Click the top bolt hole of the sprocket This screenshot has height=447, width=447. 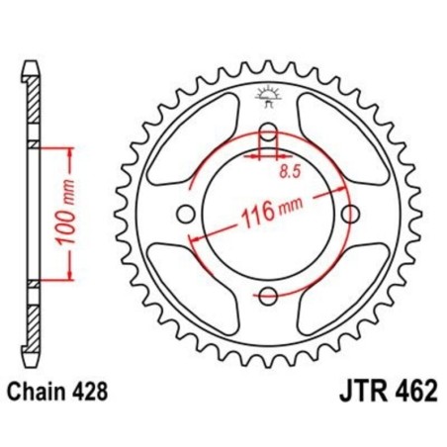pyautogui.click(x=267, y=135)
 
